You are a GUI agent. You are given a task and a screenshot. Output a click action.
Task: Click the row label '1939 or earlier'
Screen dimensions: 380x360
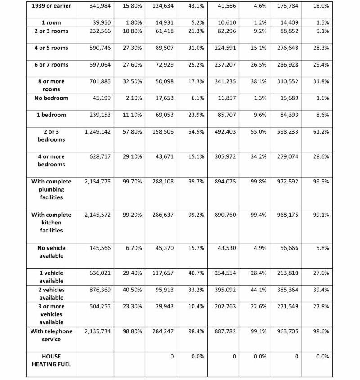[51, 6]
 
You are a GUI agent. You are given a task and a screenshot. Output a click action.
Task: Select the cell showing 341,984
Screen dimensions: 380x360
[98, 6]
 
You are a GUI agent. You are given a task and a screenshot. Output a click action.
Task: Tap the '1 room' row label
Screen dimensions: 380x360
[51, 22]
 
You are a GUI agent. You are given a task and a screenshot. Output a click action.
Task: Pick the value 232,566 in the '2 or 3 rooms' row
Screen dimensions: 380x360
[98, 31]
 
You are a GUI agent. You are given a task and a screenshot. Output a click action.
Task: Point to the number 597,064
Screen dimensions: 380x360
[98, 65]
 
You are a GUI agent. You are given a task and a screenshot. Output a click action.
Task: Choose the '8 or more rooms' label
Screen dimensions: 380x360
[51, 85]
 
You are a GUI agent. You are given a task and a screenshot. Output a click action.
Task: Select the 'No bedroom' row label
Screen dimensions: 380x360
[51, 98]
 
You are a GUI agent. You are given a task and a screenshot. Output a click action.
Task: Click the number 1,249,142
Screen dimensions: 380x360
[97, 132]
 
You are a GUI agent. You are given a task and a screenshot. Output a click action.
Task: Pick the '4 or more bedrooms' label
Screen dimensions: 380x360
[51, 161]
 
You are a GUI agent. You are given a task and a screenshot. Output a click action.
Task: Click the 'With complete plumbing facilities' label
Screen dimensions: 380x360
[51, 189]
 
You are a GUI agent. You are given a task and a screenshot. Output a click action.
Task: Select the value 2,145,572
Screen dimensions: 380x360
[97, 215]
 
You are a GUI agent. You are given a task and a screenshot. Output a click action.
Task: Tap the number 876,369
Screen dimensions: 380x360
[98, 290]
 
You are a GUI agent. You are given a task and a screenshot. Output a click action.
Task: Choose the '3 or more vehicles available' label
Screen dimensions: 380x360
[51, 314]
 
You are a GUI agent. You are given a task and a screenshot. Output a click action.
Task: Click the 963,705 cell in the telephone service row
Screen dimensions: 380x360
[287, 331]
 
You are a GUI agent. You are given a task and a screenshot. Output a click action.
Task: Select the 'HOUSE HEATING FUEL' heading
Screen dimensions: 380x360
[51, 360]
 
